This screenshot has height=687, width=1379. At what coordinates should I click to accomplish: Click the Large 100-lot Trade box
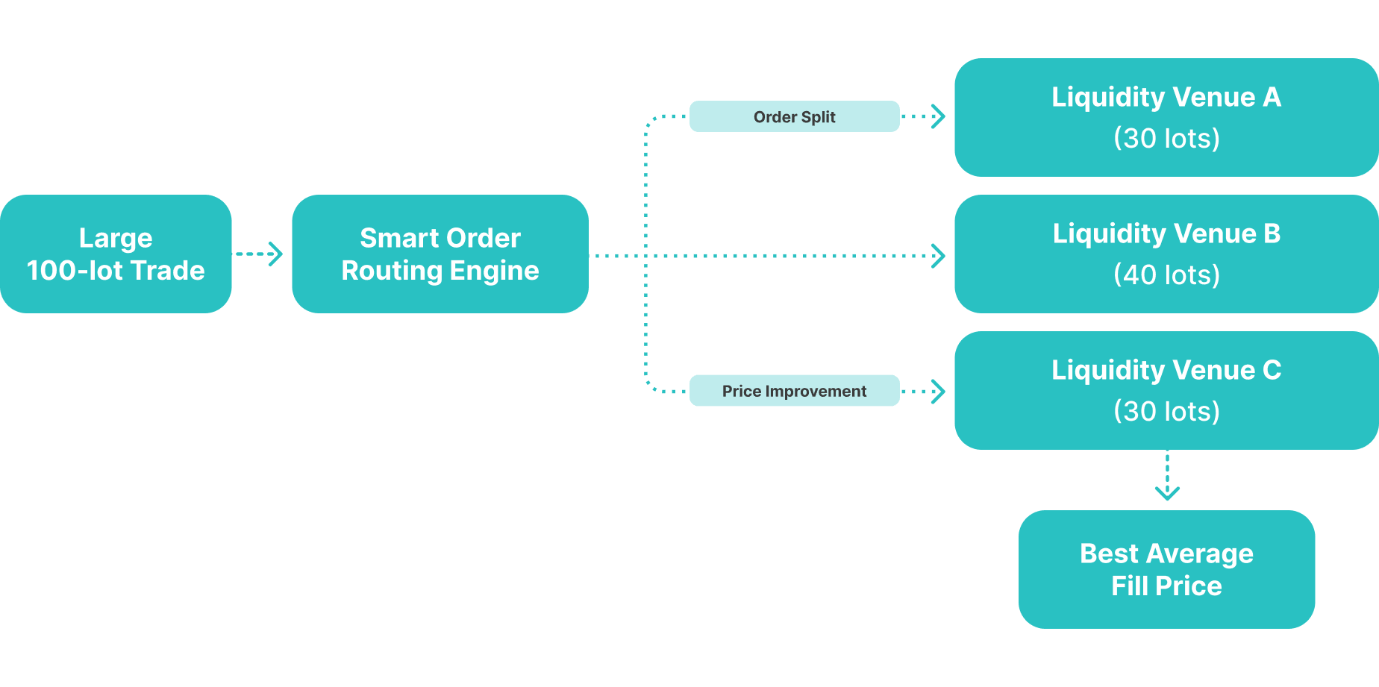pos(116,254)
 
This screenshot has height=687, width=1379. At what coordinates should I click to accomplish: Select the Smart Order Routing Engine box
pos(440,254)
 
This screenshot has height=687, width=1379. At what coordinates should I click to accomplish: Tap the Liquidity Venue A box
pos(1166,117)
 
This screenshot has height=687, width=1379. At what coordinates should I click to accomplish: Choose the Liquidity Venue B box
pos(1166,254)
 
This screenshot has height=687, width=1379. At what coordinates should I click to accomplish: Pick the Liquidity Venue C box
pos(1166,390)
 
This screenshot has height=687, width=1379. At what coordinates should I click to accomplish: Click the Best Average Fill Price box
pos(1166,569)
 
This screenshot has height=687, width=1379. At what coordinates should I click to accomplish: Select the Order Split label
pos(794,116)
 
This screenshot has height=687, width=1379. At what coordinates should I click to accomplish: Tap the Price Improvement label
pos(794,391)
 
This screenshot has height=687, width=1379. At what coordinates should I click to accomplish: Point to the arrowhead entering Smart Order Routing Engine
pos(276,254)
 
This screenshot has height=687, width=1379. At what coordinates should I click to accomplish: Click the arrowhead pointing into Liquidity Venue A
pos(939,116)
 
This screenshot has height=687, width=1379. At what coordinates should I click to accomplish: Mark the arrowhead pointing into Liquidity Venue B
pos(939,256)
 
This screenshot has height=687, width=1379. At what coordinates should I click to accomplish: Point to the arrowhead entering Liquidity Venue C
pos(939,391)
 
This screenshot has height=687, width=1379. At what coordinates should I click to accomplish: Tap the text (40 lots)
pos(1166,275)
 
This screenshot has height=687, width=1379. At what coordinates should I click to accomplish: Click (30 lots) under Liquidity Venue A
pos(1166,138)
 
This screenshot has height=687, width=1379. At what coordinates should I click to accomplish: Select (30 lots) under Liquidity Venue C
pos(1166,411)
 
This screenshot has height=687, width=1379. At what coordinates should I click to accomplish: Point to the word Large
pos(116,238)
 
